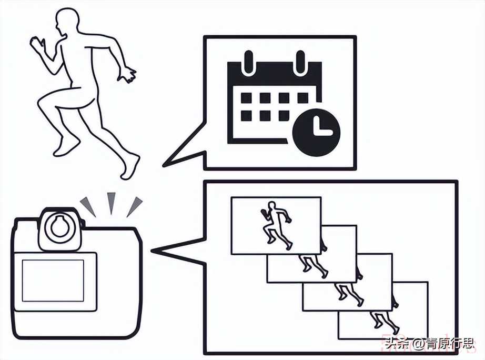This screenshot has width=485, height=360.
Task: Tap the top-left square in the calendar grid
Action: [x=246, y=98]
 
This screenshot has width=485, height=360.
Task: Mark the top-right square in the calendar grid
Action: [x=302, y=98]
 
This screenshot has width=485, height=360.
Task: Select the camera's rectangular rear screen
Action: [x=53, y=281]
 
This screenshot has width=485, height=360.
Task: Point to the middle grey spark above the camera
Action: [x=111, y=202]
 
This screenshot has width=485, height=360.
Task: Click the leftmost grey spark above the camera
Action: [x=88, y=206]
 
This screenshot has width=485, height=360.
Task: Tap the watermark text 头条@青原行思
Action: [x=429, y=345]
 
